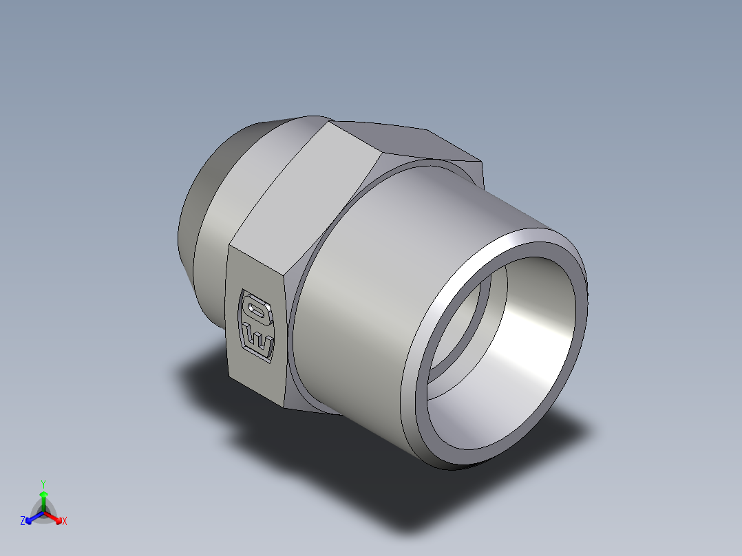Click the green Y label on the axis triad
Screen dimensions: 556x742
click(43, 484)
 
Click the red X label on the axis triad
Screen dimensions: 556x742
click(65, 522)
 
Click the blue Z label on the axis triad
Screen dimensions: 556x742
click(23, 522)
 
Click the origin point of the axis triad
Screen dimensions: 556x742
click(43, 513)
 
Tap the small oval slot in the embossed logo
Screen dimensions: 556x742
click(258, 311)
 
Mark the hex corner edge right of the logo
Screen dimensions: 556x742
click(286, 330)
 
